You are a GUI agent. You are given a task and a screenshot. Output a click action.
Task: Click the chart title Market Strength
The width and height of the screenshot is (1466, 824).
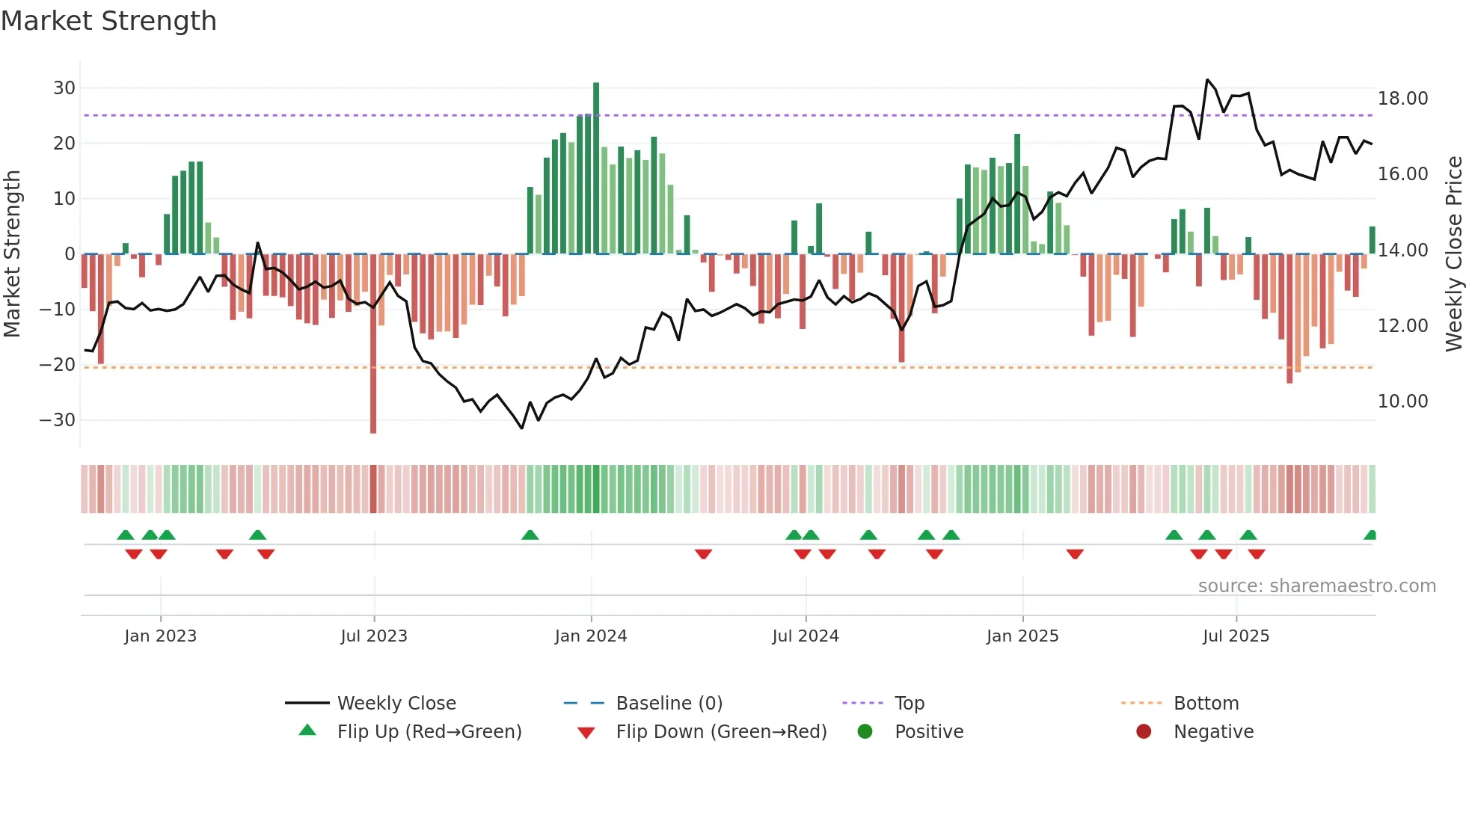tap(108, 21)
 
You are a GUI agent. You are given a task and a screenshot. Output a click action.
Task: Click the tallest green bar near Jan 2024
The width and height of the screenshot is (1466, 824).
tap(596, 168)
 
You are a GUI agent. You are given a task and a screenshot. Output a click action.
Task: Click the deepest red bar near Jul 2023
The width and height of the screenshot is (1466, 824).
tap(373, 344)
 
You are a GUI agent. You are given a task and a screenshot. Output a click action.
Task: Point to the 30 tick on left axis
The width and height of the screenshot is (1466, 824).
tap(64, 88)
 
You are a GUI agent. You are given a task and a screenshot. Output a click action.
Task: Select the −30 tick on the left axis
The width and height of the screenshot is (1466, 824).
tap(58, 420)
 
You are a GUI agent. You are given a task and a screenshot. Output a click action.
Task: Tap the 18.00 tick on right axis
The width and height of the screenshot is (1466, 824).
tap(1402, 99)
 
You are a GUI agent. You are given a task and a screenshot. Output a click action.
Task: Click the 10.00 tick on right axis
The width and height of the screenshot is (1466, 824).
tap(1402, 402)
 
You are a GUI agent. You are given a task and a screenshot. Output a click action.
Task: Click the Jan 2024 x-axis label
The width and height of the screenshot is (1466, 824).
tap(591, 636)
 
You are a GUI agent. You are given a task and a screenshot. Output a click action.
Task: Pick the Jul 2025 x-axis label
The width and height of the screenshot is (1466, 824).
tap(1236, 636)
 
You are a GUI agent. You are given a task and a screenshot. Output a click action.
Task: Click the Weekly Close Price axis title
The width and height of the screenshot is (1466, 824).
tap(1453, 254)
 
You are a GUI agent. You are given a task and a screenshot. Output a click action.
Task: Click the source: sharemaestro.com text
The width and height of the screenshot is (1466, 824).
tap(1316, 586)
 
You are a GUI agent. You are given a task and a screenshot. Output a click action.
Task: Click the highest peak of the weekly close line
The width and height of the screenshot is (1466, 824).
tap(1207, 80)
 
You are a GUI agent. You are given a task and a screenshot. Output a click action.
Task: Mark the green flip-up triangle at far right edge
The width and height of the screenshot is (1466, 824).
tap(1370, 535)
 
